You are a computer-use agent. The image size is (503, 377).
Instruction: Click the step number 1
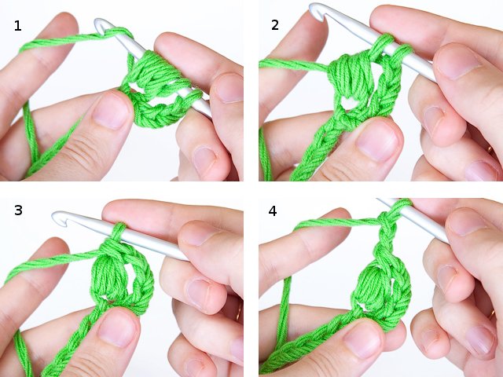tap(17, 26)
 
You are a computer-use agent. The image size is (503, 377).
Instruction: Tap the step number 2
tap(275, 25)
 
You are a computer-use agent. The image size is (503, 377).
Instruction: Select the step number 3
tap(17, 210)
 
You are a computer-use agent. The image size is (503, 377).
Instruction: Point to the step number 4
tap(274, 211)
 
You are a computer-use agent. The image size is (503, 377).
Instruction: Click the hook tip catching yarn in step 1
tap(103, 27)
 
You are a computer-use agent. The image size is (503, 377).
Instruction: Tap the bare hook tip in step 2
tap(317, 11)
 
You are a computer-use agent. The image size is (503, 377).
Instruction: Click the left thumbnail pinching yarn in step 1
tap(111, 111)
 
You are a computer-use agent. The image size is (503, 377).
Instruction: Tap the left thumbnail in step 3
tap(118, 328)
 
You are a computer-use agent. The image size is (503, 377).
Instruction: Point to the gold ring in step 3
tap(238, 312)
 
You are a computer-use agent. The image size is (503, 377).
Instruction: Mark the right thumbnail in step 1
tap(229, 88)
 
